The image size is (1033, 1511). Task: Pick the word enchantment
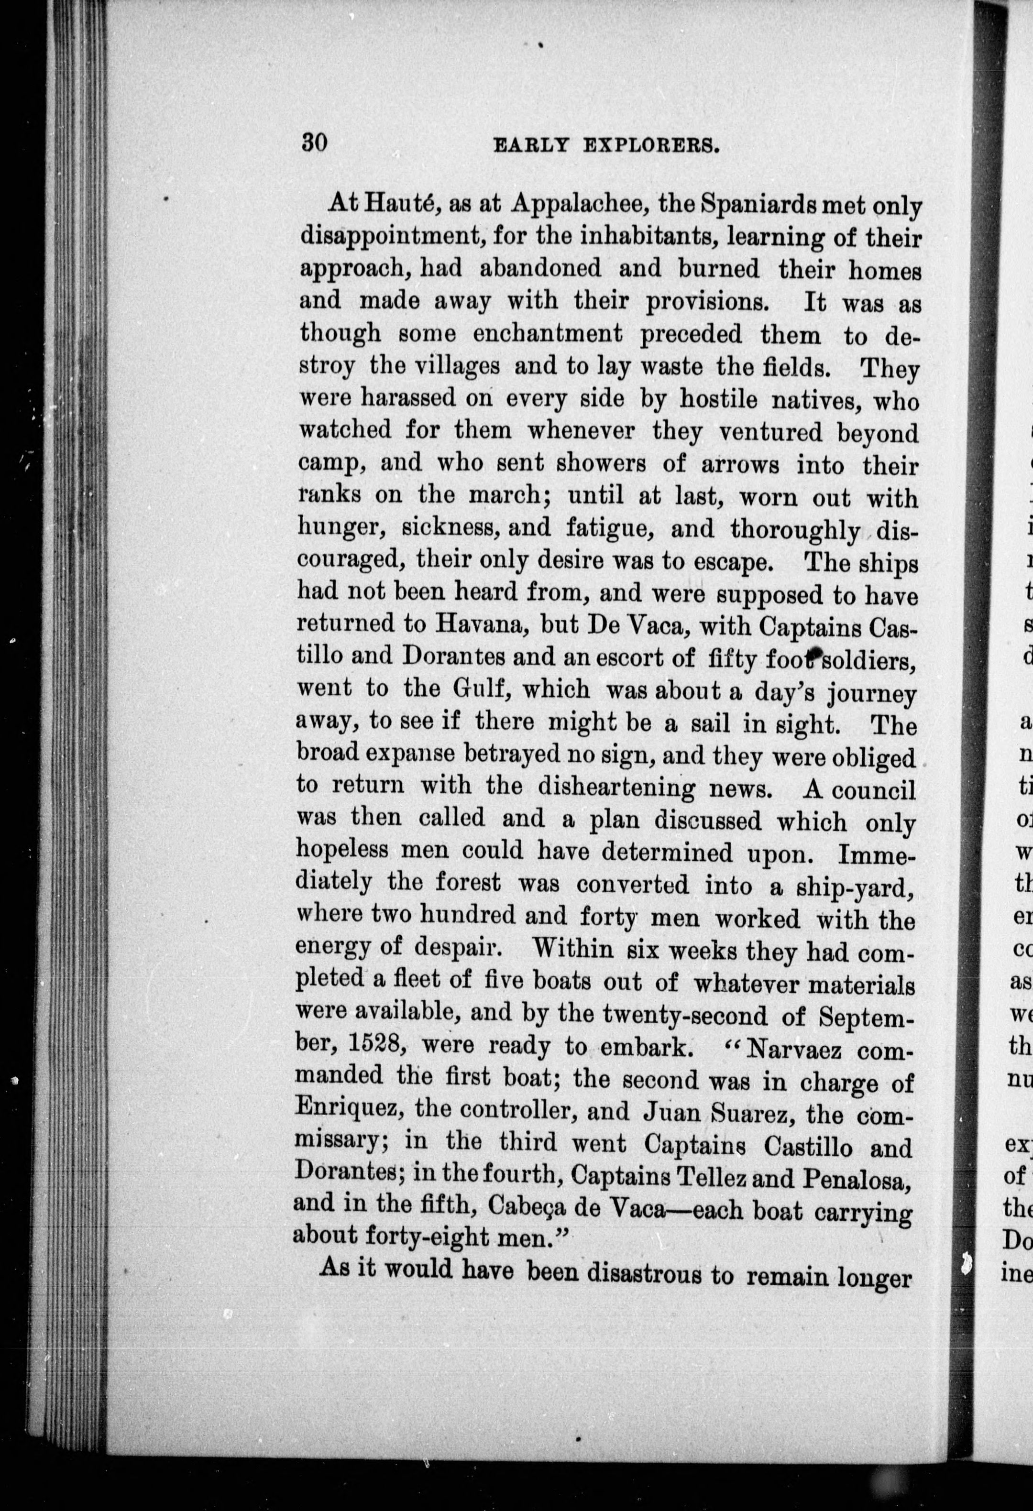548,335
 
